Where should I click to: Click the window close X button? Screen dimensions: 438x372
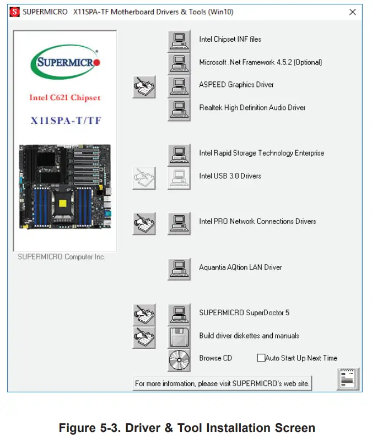point(353,12)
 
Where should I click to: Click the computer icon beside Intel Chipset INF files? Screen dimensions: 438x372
point(179,40)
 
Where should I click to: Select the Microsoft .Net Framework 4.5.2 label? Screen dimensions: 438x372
point(260,62)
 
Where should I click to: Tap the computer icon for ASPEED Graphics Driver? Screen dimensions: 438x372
point(179,86)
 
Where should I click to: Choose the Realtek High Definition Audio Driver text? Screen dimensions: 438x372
point(252,108)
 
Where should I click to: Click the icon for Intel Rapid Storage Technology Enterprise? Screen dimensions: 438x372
point(179,154)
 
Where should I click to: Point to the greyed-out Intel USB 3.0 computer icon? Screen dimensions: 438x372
point(179,177)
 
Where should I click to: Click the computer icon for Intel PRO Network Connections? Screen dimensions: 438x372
point(179,223)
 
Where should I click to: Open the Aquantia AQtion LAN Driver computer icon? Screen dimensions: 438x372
point(179,269)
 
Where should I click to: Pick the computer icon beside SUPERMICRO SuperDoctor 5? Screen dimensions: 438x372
point(179,314)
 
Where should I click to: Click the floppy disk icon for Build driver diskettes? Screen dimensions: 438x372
point(179,337)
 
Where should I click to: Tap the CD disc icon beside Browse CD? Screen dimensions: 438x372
point(179,359)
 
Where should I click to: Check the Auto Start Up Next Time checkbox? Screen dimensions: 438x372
point(261,358)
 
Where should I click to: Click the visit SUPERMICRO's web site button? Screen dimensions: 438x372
point(222,384)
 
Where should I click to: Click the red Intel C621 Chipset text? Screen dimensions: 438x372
point(65,98)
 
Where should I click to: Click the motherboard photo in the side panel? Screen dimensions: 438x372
point(65,187)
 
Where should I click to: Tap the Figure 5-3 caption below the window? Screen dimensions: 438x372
point(186,428)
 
